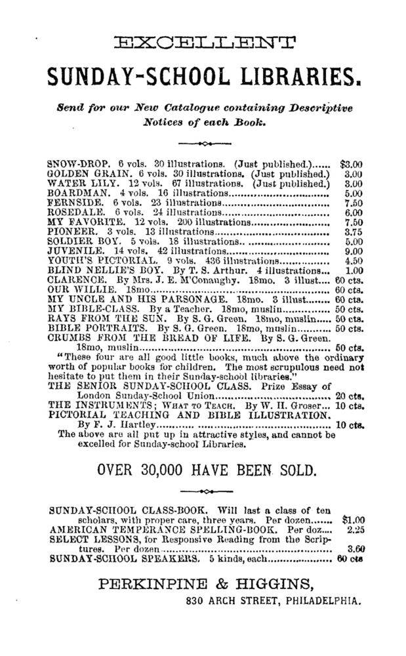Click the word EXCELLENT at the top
pyautogui.click(x=204, y=44)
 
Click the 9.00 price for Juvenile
pyautogui.click(x=353, y=251)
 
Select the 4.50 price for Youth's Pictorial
pyautogui.click(x=353, y=260)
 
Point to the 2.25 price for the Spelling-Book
pyautogui.click(x=354, y=529)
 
